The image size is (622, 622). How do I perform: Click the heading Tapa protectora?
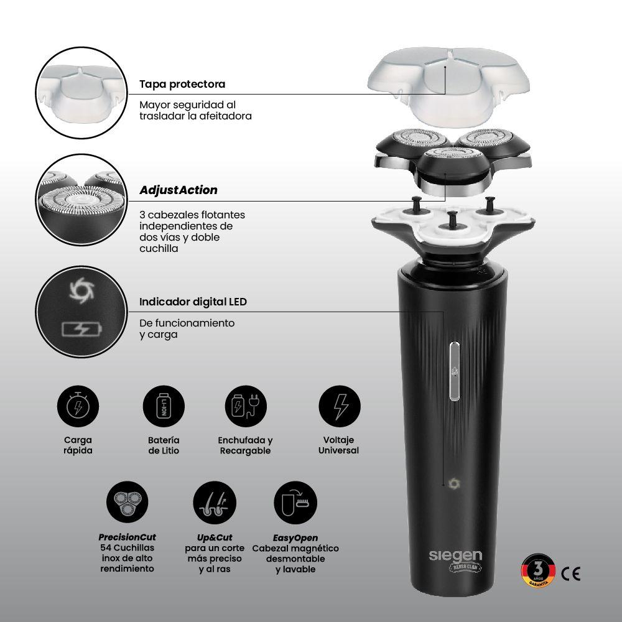pos(182,84)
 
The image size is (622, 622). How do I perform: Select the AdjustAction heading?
pos(178,190)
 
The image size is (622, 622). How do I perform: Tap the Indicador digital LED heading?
pos(193,302)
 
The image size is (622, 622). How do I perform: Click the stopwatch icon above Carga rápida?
pos(78,406)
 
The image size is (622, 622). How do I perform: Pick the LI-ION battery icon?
pos(164,406)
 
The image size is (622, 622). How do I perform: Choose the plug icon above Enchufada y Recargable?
pos(246,406)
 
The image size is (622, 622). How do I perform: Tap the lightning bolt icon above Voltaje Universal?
pos(340,406)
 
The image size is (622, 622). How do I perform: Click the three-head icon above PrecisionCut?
pos(128,502)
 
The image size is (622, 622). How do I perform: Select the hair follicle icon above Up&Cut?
pos(215,502)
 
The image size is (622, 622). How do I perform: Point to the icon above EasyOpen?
pos(295,502)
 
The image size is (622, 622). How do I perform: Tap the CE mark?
pos(571,573)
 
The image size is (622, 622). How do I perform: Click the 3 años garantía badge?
pos(538,571)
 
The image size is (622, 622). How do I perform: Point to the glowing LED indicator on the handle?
pos(454,483)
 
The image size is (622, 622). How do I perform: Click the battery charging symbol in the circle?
pos(81,329)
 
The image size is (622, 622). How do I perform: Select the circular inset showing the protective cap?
pos(81,93)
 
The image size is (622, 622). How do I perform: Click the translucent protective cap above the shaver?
pos(448,86)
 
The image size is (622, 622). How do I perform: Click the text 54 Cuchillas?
pos(127,548)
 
